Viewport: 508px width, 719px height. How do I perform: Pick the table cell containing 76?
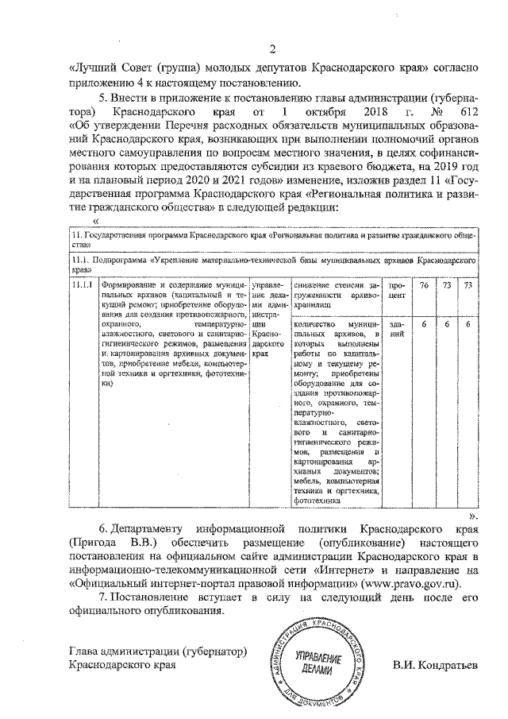[424, 284]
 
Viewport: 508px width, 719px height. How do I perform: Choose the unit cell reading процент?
[398, 289]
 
